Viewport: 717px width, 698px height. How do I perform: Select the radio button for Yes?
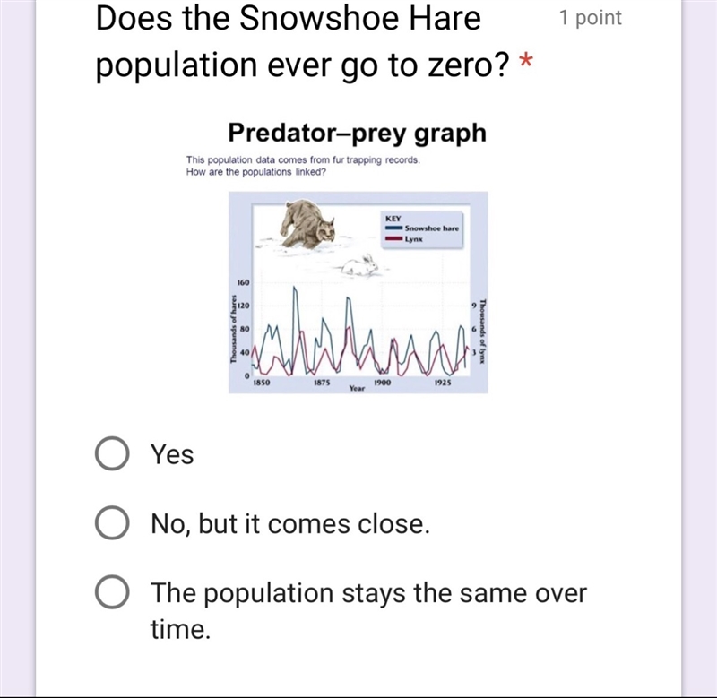point(111,453)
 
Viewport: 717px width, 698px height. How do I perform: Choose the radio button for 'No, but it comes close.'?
point(111,523)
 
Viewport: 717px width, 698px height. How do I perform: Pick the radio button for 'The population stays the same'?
point(111,592)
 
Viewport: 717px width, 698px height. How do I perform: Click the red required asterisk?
point(526,61)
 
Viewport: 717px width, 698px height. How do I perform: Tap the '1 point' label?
point(591,18)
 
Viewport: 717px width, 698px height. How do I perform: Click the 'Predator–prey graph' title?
point(357,133)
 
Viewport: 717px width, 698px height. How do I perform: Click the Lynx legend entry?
point(404,239)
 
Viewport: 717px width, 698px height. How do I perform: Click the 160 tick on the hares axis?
point(243,282)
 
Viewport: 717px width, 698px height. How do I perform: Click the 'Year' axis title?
point(357,388)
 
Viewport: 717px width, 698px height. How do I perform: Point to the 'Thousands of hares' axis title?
point(233,329)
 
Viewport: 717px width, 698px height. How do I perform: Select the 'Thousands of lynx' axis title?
point(483,331)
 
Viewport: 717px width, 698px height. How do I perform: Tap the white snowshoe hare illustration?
point(361,266)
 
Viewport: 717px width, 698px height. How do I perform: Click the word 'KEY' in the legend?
point(393,219)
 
